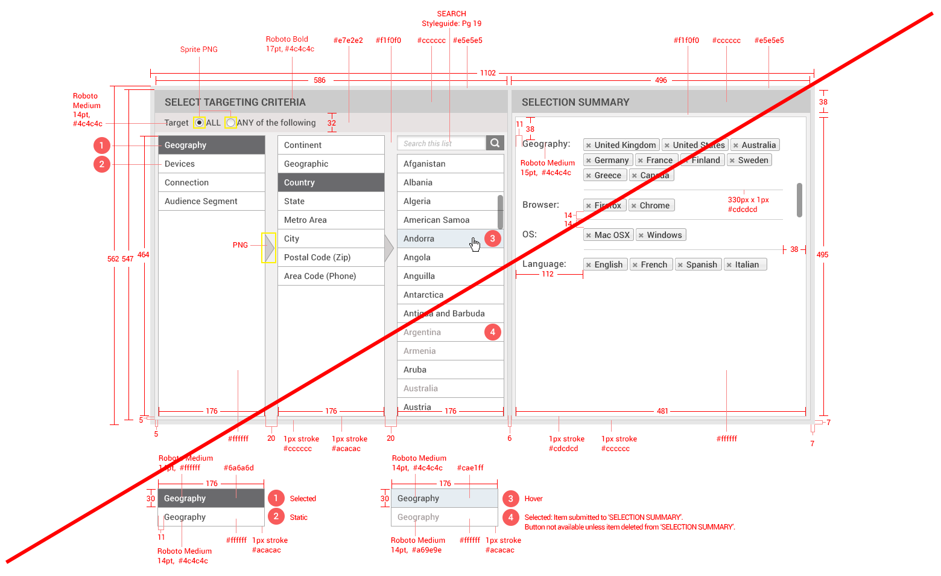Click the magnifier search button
(x=495, y=143)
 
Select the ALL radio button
(x=199, y=123)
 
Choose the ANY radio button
(x=230, y=123)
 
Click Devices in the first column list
(x=180, y=164)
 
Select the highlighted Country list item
(x=331, y=182)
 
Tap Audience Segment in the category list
(x=201, y=201)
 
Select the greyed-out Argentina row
(x=422, y=332)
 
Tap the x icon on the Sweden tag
(x=732, y=161)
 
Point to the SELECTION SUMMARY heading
(x=575, y=102)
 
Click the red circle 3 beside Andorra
(x=492, y=238)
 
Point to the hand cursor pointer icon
(x=475, y=244)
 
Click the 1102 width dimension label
(x=487, y=73)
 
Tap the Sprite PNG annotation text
(x=198, y=50)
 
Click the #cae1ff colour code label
(x=470, y=468)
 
